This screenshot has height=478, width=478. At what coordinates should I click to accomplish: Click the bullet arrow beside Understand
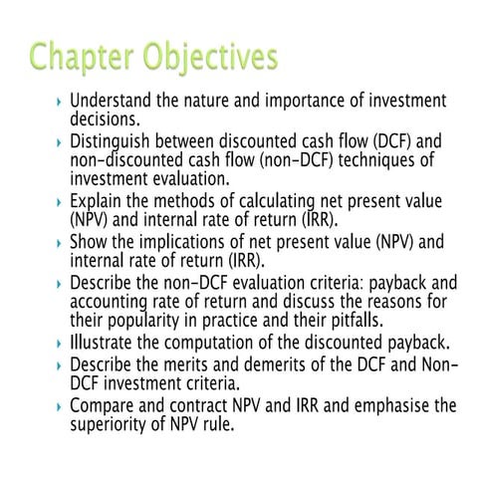62,102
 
